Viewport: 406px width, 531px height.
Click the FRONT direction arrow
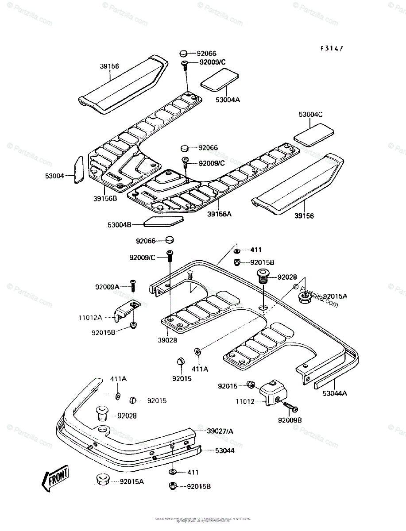tap(55, 477)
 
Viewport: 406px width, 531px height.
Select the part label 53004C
tap(311, 114)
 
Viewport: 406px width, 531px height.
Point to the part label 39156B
tap(105, 198)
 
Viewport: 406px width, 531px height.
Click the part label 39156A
tap(220, 214)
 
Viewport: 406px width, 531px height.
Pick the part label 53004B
tap(120, 225)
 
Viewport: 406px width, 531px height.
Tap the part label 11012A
tap(91, 318)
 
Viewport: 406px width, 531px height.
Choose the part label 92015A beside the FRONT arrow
tap(132, 481)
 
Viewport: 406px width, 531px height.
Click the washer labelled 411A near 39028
tap(197, 352)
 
